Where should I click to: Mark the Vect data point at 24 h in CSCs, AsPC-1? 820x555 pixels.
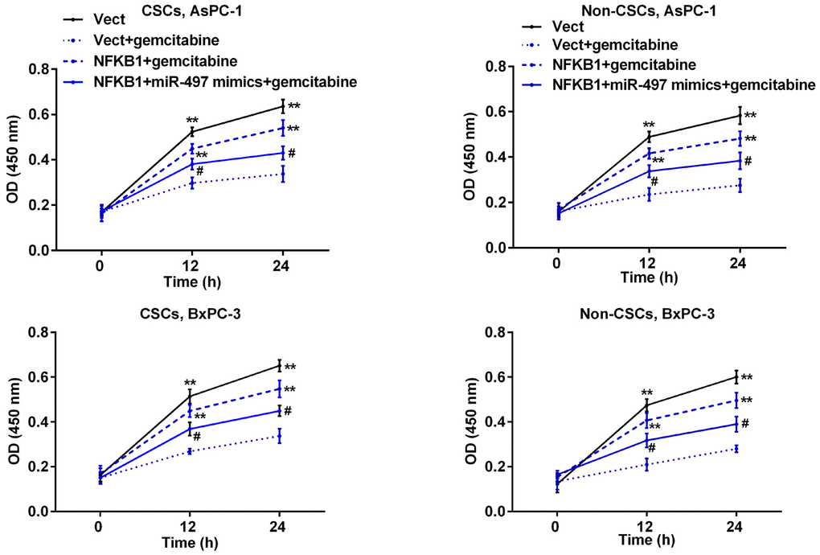tap(282, 106)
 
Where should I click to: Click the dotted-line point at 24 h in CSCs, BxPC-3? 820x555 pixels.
tap(280, 436)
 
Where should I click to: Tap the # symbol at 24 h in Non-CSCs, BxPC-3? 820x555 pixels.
tap(745, 423)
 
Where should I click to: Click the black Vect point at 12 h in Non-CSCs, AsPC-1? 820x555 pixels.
tap(648, 137)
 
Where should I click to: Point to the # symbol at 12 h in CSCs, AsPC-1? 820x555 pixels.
tap(199, 170)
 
